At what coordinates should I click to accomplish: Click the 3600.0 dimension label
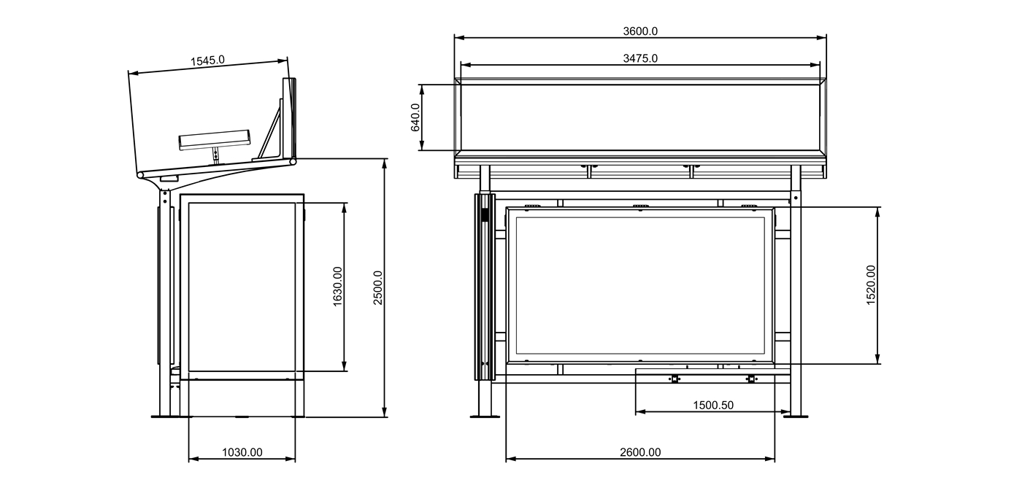tap(640, 31)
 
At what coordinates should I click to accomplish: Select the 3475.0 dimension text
tap(640, 58)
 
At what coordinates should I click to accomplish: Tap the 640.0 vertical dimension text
tap(415, 117)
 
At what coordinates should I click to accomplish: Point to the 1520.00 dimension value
tap(871, 285)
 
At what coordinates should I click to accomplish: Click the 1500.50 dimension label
tap(713, 406)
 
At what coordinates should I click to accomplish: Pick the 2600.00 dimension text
tap(640, 452)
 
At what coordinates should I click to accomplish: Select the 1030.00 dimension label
tap(242, 452)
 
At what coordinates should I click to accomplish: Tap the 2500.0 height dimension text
tap(378, 287)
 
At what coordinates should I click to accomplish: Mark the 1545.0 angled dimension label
tap(207, 61)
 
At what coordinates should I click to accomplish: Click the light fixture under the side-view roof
tap(215, 140)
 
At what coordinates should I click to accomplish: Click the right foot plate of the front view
tap(796, 416)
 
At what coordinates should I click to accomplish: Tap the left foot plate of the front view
tap(483, 416)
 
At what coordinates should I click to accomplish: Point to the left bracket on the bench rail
tap(675, 379)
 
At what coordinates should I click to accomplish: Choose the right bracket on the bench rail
tap(751, 379)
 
